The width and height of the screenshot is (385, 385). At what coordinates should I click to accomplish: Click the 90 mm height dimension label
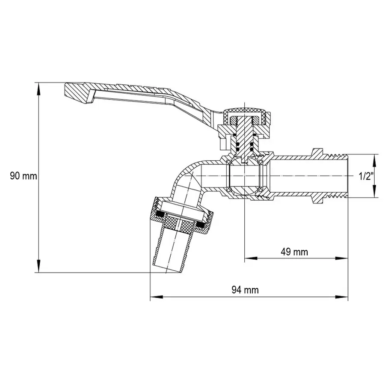pyautogui.click(x=24, y=176)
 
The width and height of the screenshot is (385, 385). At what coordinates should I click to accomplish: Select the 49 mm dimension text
pyautogui.click(x=294, y=252)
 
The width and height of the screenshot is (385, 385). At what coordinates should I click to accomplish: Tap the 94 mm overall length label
pyautogui.click(x=245, y=290)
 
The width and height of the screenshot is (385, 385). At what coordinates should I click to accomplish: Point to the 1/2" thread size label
pyautogui.click(x=367, y=176)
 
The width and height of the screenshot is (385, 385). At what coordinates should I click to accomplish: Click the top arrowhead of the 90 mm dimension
pyautogui.click(x=39, y=87)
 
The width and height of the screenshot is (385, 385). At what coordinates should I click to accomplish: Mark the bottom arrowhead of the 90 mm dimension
pyautogui.click(x=39, y=267)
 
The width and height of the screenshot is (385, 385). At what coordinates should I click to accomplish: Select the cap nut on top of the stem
pyautogui.click(x=247, y=115)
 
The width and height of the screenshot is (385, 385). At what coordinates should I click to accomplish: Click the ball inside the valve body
pyautogui.click(x=245, y=177)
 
